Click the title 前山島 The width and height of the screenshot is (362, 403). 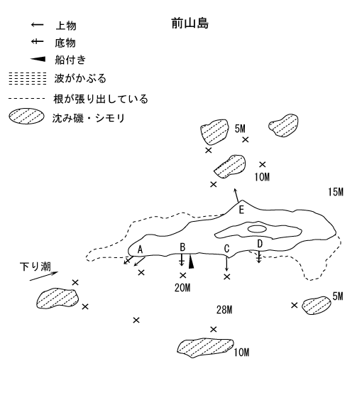point(190,23)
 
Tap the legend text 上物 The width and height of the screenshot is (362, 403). point(66,26)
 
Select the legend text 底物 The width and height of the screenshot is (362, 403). point(65,43)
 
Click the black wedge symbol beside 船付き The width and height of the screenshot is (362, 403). point(38,60)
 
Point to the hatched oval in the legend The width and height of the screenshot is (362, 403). point(26,117)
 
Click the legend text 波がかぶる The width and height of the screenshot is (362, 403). point(80,78)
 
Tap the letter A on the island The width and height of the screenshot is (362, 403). point(140,249)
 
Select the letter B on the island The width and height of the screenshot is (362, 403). point(182,247)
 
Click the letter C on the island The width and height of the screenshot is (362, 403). point(226,249)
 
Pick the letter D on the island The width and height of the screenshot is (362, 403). point(260,244)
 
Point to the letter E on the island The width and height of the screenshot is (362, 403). point(241,210)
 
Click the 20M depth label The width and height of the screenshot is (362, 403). point(182,288)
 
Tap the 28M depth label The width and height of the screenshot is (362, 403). point(224,310)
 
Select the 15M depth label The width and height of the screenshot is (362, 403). point(336,192)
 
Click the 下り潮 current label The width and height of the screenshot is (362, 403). point(35,267)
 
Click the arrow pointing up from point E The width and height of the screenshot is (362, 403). point(236,195)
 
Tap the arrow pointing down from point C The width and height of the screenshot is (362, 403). point(226,263)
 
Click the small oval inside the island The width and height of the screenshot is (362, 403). point(257,229)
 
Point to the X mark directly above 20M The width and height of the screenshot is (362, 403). point(183,276)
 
